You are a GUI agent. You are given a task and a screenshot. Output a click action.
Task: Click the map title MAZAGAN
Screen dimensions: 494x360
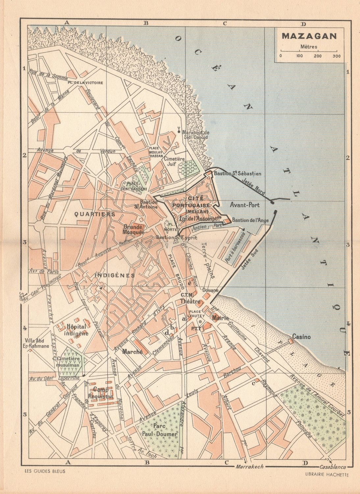309,36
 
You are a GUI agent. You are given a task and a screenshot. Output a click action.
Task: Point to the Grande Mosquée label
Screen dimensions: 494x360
134,229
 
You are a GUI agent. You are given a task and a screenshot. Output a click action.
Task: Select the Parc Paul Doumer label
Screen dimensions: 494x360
160,431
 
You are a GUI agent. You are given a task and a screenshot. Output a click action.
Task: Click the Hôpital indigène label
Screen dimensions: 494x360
77,330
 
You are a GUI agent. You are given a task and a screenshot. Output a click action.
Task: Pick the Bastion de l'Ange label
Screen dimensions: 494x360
250,220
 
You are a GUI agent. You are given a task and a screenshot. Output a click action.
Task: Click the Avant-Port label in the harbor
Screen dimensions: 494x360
245,205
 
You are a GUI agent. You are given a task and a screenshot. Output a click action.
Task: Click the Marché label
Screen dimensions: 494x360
132,352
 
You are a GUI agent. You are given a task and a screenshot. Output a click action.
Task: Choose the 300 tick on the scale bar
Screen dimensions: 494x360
336,56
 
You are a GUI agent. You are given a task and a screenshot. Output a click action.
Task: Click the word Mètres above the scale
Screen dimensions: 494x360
308,46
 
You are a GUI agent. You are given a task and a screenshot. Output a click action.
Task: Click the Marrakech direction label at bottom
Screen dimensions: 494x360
249,467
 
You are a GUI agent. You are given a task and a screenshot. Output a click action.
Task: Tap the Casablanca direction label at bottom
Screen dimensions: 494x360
333,467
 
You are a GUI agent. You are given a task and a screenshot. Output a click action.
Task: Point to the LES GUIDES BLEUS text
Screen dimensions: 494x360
45,471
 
